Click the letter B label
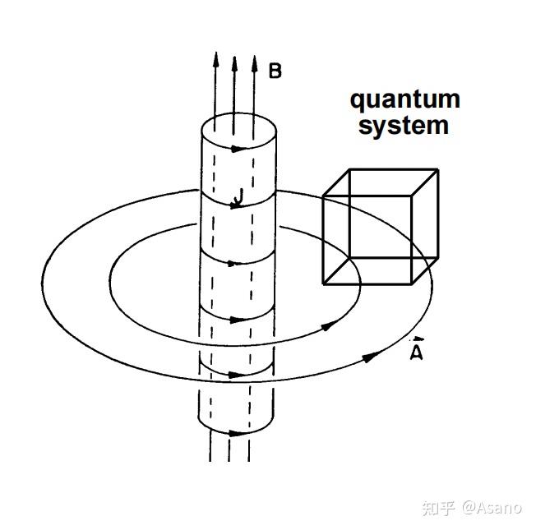tap(275, 71)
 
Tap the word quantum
tap(405, 100)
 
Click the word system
tap(404, 126)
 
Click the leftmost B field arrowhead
tap(215, 60)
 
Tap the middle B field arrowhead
tap(234, 64)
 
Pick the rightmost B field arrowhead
tap(254, 63)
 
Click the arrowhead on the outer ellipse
tap(372, 357)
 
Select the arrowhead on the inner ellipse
tap(330, 326)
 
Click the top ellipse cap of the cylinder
tap(239, 131)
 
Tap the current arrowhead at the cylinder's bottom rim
tap(237, 434)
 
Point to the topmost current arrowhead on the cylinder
tap(239, 149)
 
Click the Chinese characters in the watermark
tap(438, 508)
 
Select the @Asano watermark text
tap(492, 508)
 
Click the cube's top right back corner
tap(438, 169)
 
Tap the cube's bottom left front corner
tap(324, 283)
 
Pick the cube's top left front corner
tap(323, 196)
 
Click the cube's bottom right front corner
tap(412, 283)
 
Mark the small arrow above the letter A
tap(417, 339)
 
